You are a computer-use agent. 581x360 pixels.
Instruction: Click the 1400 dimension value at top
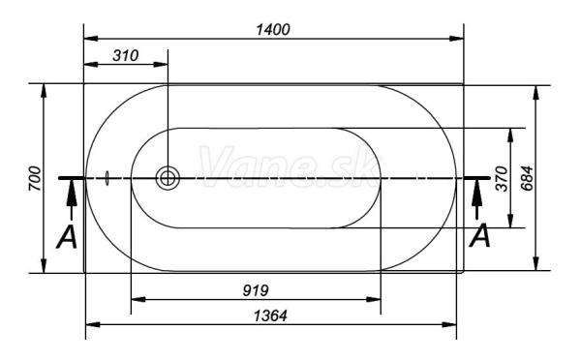(x=273, y=30)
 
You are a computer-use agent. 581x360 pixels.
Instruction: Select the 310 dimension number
(x=126, y=55)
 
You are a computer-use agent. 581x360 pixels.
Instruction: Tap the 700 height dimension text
(x=35, y=178)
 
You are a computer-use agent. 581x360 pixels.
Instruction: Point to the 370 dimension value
(x=502, y=178)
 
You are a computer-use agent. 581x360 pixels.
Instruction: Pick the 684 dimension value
(x=527, y=178)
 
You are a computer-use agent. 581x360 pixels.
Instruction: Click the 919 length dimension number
(x=256, y=290)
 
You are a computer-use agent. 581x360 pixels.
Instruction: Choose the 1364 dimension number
(x=270, y=315)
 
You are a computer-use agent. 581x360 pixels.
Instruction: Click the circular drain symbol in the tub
(x=168, y=178)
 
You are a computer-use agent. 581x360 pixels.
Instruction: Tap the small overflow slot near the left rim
(x=107, y=178)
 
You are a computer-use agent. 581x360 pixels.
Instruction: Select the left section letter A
(x=67, y=236)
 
